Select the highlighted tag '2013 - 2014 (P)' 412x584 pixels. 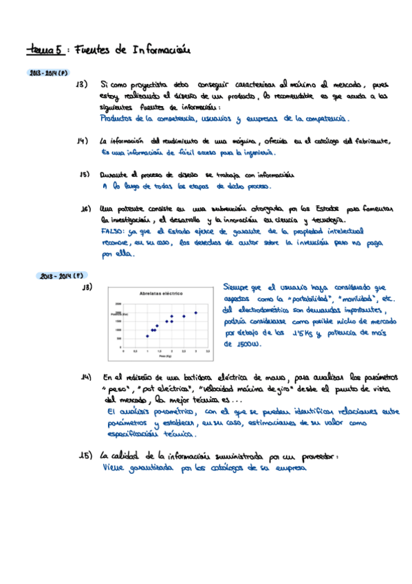point(47,72)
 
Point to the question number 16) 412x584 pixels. point(86,209)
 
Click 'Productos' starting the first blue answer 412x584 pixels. point(118,118)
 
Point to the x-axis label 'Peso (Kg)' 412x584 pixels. point(165,356)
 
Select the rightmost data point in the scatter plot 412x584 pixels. point(196,313)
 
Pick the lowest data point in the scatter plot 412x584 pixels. point(147,336)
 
